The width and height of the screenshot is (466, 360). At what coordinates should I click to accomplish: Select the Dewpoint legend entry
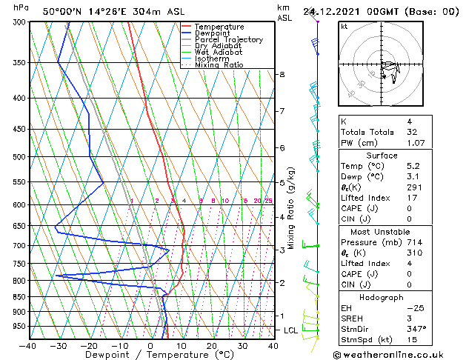(x=212, y=33)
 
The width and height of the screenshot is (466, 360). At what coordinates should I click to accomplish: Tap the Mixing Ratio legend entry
(x=219, y=65)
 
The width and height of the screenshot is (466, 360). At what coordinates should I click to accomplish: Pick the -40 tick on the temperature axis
(x=28, y=346)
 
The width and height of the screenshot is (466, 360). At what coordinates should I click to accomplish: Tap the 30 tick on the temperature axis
(x=242, y=346)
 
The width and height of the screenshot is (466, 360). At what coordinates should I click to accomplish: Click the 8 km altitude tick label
(x=282, y=75)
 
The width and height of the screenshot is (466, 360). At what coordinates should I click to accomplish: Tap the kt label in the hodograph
(x=344, y=27)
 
